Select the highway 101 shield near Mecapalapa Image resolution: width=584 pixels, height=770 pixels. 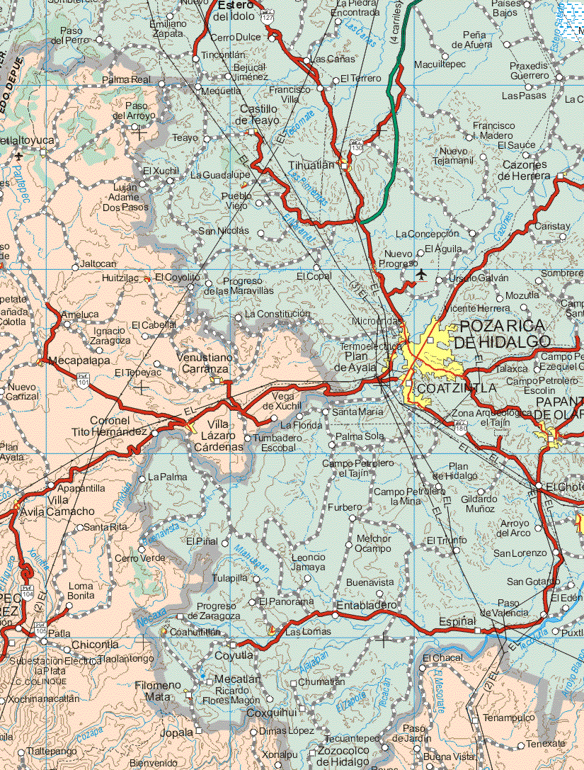pos(84,380)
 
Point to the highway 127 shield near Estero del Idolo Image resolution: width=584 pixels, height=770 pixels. pos(266,15)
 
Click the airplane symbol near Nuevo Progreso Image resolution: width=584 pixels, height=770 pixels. pos(423,273)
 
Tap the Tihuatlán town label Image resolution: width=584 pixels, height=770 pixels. pos(311,165)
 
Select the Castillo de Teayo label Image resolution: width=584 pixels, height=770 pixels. pos(258,115)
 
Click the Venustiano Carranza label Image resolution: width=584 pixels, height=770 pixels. pos(203,363)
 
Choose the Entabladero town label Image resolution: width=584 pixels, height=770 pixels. pos(367,606)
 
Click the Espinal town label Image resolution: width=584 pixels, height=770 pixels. pos(457,621)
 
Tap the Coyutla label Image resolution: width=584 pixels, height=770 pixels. pos(234,655)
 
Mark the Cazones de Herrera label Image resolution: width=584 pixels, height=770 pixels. pos(526,170)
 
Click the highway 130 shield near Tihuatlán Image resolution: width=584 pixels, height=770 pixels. pos(357,148)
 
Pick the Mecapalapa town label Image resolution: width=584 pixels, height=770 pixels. pos(79,360)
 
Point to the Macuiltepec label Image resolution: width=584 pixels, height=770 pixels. pos(440,64)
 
